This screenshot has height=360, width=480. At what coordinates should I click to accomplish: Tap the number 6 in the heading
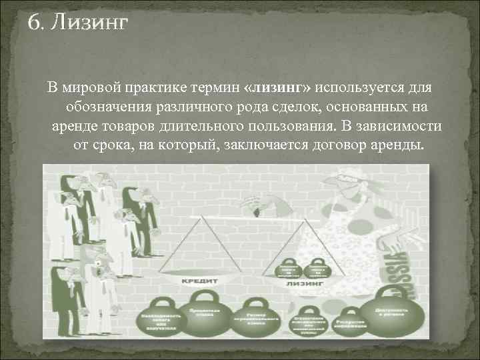click(33, 25)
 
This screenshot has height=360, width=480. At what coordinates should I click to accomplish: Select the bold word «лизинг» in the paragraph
click(279, 87)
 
